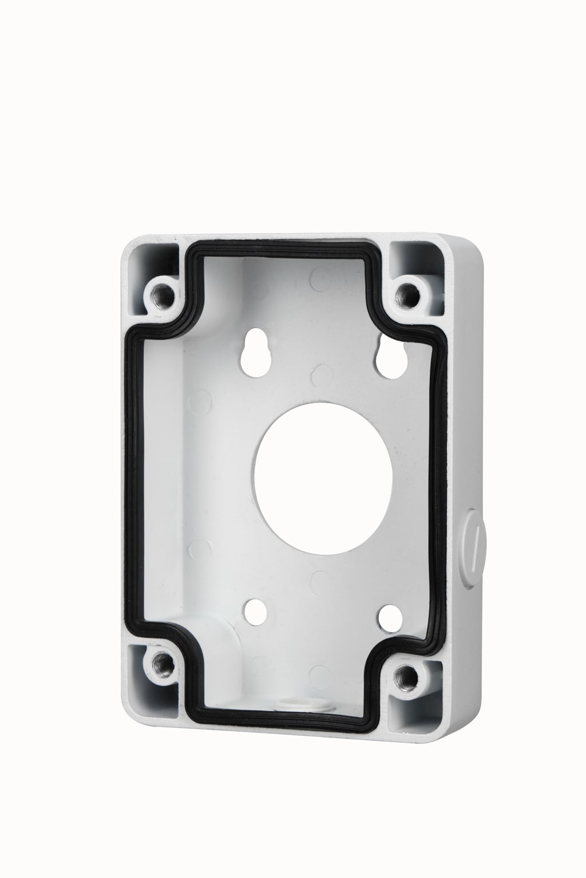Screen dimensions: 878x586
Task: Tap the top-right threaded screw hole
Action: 408,295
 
